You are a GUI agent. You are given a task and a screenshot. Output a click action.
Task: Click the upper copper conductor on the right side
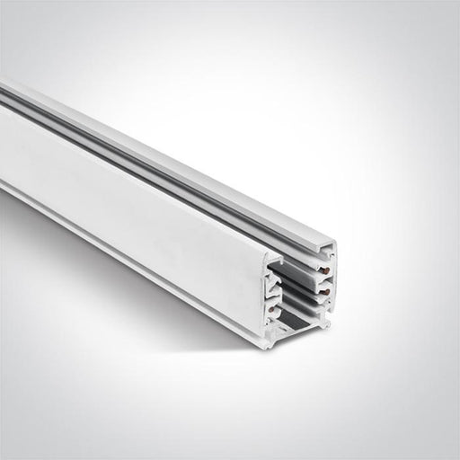(x=324, y=270)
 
